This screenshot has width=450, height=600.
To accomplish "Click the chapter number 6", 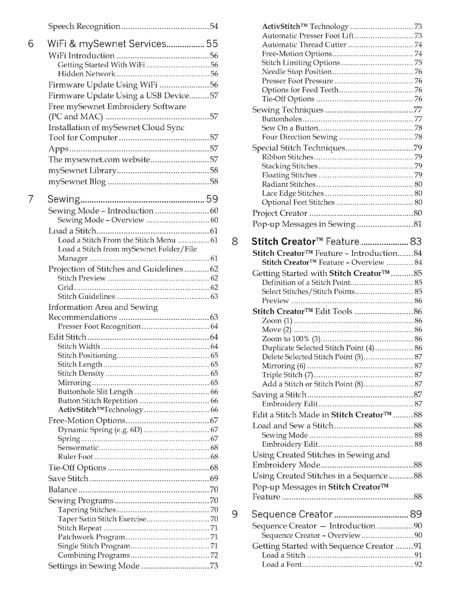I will coord(31,44).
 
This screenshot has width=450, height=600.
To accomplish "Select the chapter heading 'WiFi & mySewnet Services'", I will coord(106,44).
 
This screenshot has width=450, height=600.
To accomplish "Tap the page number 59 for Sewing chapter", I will coord(212,199).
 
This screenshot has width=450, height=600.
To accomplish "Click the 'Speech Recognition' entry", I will coord(84,26).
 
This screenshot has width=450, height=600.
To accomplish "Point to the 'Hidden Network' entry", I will coord(87,74).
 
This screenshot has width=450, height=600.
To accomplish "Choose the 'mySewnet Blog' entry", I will coord(77,181).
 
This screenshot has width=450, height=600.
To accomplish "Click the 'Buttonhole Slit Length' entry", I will coord(95,391).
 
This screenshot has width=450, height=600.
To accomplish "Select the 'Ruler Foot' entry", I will coord(75,456).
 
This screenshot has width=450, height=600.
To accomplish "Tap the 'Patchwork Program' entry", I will coord(91,537).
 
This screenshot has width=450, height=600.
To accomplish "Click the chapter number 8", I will coord(235,241).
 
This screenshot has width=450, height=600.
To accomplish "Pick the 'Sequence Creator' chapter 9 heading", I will coord(292,514).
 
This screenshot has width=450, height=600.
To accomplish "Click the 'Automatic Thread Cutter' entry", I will coord(304,45).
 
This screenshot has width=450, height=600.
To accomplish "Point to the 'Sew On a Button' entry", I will coord(290,128).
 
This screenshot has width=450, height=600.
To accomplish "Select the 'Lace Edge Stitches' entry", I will coord(292,193).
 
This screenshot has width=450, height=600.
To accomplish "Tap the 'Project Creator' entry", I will coord(280,213).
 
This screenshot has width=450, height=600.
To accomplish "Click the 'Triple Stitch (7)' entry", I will coord(287,375).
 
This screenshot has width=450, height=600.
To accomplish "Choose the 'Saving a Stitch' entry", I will coord(279,394).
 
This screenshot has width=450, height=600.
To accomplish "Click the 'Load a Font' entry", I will coord(282,564).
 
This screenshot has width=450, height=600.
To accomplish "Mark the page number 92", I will coord(418,564).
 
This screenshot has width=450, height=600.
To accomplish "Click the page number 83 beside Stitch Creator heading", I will coord(416,241).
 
